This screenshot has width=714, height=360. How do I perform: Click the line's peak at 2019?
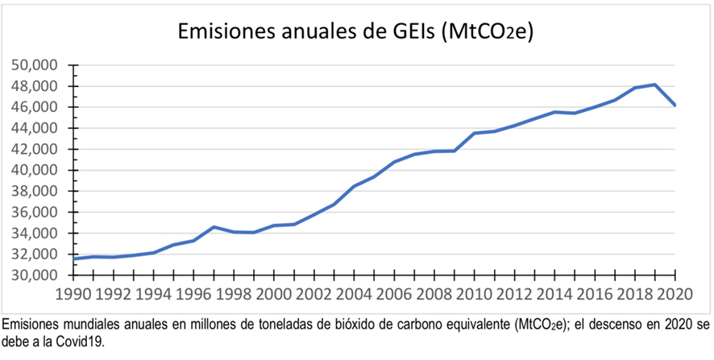coord(655,85)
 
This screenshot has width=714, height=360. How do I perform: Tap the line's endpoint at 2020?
coord(675,106)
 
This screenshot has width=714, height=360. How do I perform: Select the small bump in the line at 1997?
coord(213,227)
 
